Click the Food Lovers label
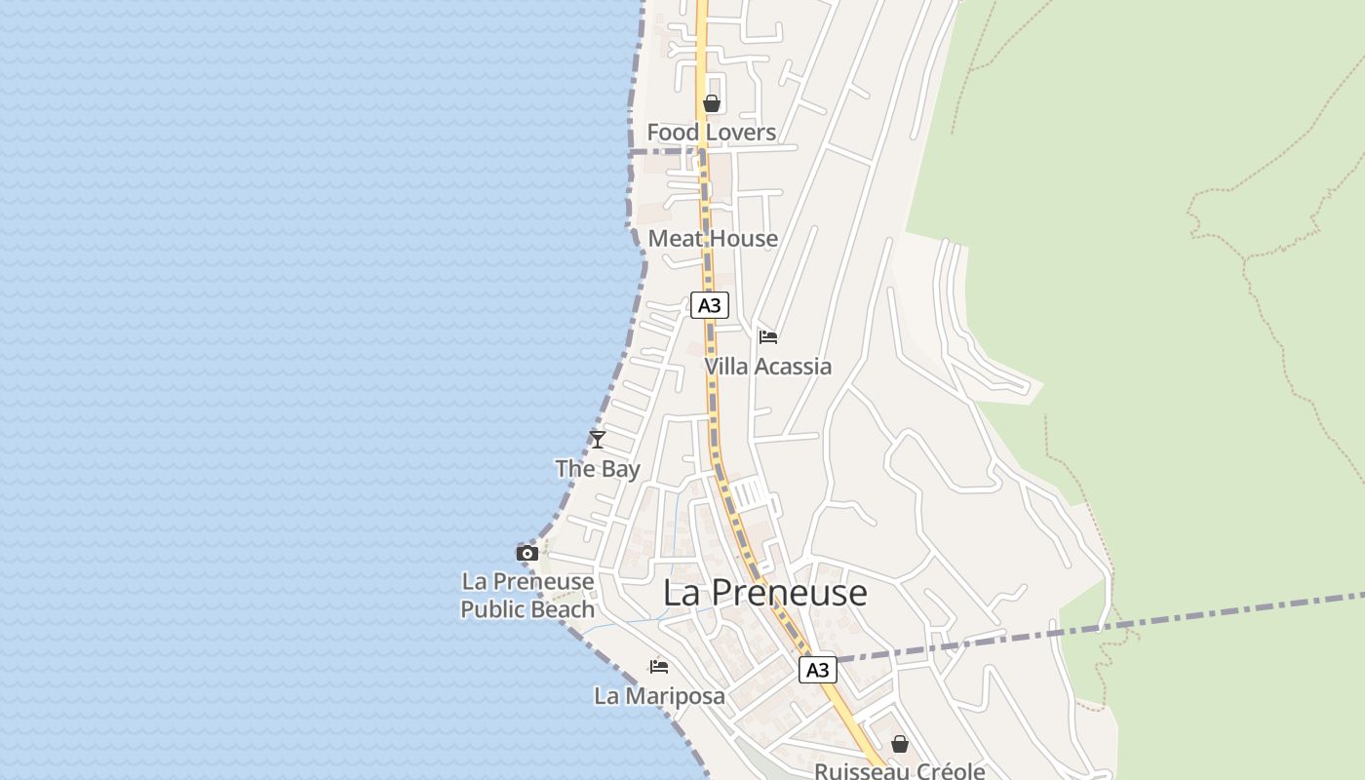coord(712,133)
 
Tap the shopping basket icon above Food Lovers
coord(712,103)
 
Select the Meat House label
coord(713,239)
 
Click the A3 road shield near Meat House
coord(710,305)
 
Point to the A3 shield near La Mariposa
coord(817,670)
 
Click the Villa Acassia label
coord(768,367)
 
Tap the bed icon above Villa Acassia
coord(768,337)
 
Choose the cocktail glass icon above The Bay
coord(598,440)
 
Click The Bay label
coord(598,469)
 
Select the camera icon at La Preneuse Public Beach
coord(527,554)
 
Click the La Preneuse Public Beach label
coord(527,596)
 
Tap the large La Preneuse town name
coord(765,593)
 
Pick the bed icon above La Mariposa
coord(659,667)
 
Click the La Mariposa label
coord(659,696)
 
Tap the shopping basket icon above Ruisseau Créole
coord(899,744)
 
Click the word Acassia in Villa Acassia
coord(795,367)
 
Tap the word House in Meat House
coord(744,239)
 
